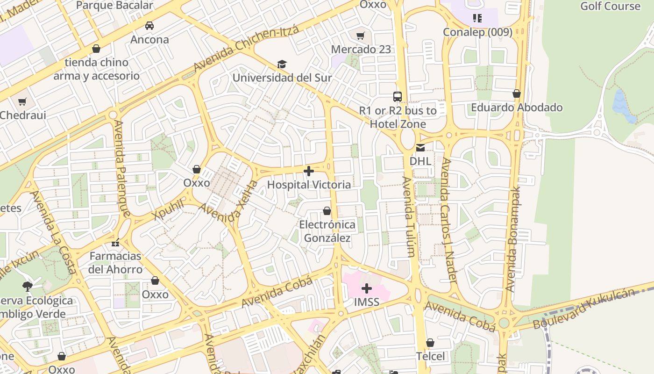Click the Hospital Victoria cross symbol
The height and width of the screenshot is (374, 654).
(309, 171)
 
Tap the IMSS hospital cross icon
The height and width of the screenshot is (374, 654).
(367, 288)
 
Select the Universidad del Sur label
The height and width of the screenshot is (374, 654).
(282, 78)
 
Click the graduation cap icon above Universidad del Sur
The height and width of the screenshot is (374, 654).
(281, 64)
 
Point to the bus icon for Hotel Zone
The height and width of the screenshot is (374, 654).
(398, 97)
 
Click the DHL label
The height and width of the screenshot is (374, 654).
(420, 161)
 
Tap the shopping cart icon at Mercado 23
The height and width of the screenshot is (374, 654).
(361, 36)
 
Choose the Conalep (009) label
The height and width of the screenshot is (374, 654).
(477, 32)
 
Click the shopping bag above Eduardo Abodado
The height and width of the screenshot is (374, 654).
(517, 94)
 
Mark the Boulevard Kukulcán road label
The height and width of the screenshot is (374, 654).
(584, 309)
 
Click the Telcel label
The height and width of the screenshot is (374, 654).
(430, 356)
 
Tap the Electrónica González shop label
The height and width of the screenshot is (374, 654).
(327, 231)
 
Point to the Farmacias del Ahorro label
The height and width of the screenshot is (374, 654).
(115, 263)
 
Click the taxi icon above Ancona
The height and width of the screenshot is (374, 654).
(149, 26)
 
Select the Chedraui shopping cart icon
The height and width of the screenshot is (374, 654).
(22, 101)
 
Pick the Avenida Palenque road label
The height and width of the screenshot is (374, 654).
(122, 169)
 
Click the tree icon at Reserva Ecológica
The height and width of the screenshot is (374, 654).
(27, 286)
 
